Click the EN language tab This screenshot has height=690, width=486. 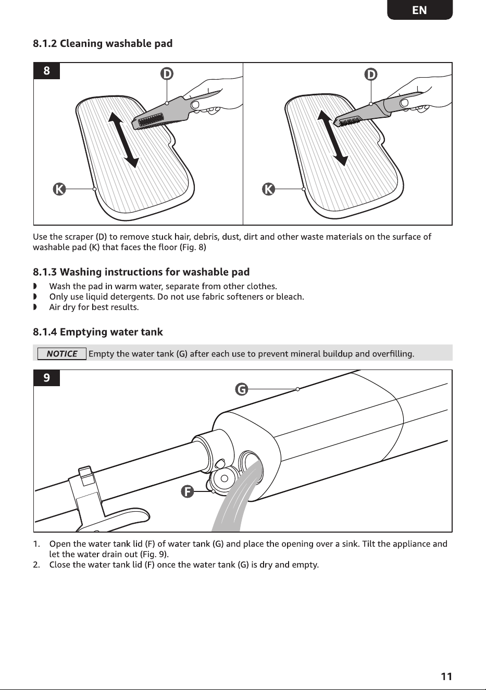click(420, 10)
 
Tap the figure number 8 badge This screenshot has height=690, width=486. click(46, 70)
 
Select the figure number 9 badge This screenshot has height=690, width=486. click(46, 378)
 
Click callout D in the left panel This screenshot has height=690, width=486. click(167, 74)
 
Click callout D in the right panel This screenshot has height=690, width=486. click(371, 74)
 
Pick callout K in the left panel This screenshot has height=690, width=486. click(59, 189)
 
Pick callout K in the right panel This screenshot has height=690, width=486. click(268, 189)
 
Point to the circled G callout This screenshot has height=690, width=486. click(242, 389)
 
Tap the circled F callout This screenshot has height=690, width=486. click(187, 491)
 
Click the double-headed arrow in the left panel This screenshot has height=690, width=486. click(123, 140)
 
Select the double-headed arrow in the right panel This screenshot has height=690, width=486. click(332, 138)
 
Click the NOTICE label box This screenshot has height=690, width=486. click(61, 354)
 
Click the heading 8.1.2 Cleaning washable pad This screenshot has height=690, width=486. click(103, 43)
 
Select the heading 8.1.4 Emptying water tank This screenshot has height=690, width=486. click(98, 332)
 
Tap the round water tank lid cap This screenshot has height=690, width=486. click(224, 478)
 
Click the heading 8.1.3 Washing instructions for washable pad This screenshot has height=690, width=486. click(141, 272)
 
